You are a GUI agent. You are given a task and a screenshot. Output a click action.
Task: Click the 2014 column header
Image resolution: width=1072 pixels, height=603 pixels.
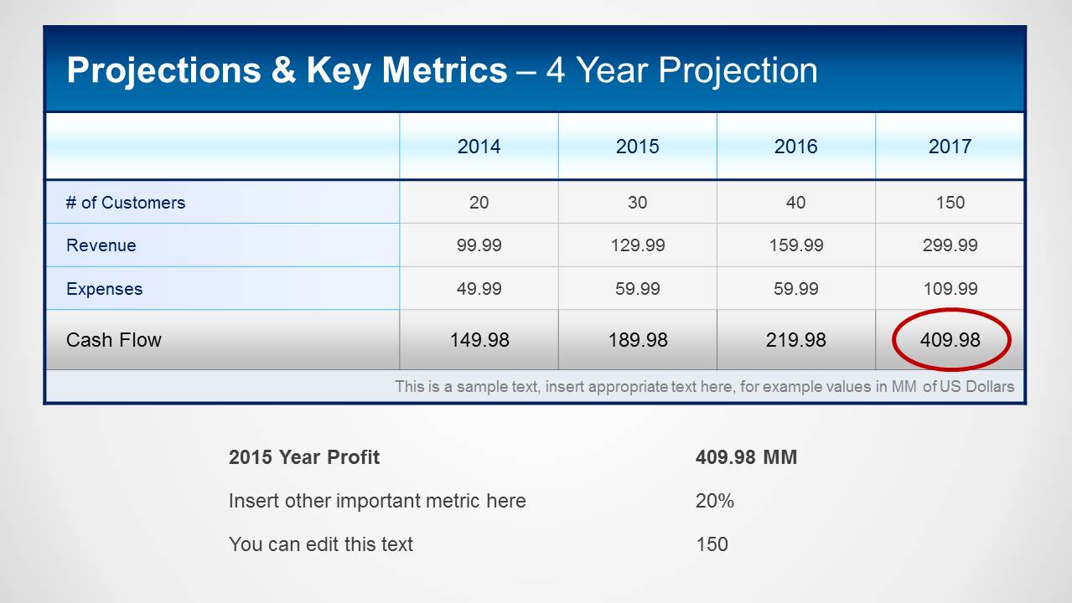479,147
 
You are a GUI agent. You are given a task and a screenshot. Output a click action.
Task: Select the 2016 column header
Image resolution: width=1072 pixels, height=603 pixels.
795,147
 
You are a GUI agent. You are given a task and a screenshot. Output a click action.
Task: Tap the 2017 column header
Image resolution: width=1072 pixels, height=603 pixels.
950,147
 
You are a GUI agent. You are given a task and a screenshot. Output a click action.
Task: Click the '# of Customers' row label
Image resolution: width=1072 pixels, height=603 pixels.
126,203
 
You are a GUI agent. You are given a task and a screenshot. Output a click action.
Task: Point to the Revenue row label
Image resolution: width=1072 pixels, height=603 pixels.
101,245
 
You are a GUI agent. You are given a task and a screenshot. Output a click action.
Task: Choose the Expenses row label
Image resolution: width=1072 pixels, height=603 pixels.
104,289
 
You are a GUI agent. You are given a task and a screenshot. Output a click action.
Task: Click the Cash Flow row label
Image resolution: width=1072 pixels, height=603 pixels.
114,340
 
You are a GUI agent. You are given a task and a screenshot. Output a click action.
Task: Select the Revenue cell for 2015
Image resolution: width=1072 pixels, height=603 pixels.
637,245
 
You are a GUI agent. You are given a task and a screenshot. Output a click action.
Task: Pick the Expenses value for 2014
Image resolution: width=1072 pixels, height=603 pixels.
479,289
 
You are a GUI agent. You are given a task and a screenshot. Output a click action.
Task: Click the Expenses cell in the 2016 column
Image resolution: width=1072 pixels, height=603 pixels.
795,289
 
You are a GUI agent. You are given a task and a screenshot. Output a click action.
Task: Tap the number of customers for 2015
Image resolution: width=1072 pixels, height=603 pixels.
637,203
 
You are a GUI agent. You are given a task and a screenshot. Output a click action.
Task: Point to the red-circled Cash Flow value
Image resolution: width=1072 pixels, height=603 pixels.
950,340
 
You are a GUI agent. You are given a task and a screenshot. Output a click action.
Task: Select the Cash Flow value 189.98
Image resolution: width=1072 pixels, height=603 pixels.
637,340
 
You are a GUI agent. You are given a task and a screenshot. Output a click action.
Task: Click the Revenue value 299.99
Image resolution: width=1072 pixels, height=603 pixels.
950,245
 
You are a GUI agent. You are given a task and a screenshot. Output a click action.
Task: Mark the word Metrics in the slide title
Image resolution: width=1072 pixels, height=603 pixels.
444,70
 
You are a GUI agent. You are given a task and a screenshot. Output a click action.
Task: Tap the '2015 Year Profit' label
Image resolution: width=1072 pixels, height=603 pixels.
303,457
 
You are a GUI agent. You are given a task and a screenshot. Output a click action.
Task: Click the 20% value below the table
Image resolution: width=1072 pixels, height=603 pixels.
714,501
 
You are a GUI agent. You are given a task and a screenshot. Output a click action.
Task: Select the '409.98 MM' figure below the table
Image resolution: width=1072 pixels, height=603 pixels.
746,457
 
